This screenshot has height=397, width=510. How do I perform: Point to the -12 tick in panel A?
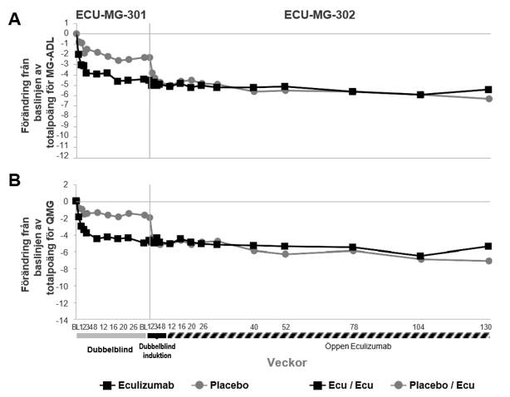pos(61,156)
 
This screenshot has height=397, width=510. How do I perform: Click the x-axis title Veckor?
pos(287,363)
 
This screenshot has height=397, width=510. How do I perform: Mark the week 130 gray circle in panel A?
pos(488,99)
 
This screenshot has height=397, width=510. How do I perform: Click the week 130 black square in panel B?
pos(488,246)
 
